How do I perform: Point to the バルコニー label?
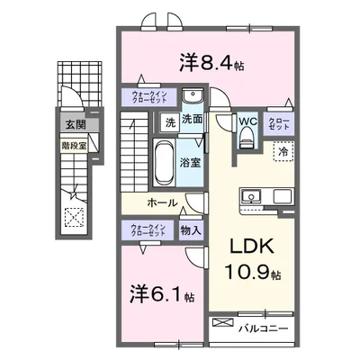coord(264,328)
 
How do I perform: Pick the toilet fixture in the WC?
coord(248,137)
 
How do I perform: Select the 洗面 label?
coord(192,120)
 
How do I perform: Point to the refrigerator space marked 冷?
coord(283,153)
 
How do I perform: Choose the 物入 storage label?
coord(191,229)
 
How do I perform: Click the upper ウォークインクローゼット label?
coord(145,96)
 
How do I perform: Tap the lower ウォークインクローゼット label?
coord(145,229)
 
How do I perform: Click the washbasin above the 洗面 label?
coord(192,98)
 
